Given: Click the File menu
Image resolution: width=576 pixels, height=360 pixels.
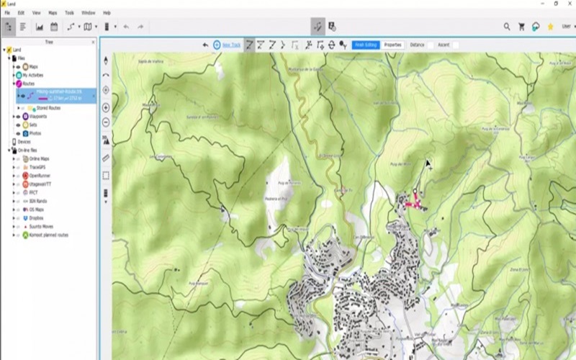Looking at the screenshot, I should click(x=7, y=13).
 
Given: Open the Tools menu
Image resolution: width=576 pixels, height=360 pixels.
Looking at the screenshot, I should click(x=69, y=13).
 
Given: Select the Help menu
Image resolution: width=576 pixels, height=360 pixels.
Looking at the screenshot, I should click(x=107, y=13).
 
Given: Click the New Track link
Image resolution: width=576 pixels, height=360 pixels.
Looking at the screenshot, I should click(x=231, y=45).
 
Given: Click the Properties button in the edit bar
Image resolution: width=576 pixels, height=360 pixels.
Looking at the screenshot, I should click(x=392, y=45).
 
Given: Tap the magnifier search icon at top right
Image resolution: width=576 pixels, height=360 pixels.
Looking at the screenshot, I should click(x=507, y=27).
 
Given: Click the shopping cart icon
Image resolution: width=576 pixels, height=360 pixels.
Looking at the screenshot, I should click(x=521, y=27).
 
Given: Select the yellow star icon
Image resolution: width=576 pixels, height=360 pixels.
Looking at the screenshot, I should click(x=550, y=27).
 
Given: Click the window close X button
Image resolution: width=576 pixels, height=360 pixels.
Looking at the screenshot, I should click(x=569, y=4).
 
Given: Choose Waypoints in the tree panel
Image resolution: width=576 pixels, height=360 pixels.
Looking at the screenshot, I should click(x=38, y=116).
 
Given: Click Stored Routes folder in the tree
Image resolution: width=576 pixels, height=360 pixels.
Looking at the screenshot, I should click(x=48, y=108).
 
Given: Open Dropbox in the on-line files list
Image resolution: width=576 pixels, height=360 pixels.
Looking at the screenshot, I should click(x=37, y=217).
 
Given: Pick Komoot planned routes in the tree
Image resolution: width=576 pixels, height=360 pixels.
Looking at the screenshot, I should click(x=49, y=235).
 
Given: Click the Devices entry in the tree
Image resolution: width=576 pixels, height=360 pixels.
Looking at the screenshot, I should click(x=24, y=142).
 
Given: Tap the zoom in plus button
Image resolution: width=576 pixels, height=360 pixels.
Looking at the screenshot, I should click(x=106, y=107).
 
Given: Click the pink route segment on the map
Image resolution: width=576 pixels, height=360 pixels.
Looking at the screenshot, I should click(x=413, y=204).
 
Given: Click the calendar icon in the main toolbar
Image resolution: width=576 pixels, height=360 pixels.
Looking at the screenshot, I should click(x=54, y=27).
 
